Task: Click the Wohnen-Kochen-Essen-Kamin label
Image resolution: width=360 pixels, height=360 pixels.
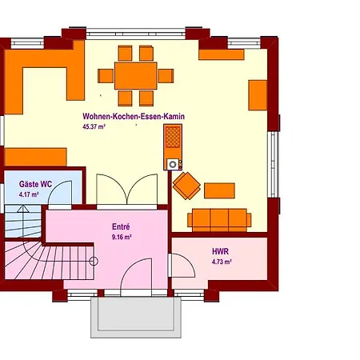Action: (x=134, y=117)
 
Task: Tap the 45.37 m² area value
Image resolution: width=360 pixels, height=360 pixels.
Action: (x=94, y=126)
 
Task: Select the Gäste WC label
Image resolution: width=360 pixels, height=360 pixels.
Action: (x=35, y=184)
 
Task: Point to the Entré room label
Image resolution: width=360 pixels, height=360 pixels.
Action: (x=121, y=226)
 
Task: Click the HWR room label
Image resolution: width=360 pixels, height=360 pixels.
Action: (x=220, y=251)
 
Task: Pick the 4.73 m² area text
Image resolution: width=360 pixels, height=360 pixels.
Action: (x=222, y=262)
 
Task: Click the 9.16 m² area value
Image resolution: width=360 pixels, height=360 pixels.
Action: (x=122, y=237)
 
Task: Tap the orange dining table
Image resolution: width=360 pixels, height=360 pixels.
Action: (x=136, y=76)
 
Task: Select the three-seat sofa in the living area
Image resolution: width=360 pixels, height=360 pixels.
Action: (x=219, y=220)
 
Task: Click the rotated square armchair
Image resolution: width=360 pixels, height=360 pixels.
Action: (x=186, y=186)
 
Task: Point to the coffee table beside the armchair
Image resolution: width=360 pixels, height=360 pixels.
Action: (x=219, y=190)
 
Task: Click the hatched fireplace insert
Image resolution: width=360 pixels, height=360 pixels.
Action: (x=173, y=137)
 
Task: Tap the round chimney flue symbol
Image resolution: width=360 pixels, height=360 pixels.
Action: (x=173, y=164)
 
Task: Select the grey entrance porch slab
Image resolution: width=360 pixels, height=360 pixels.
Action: (x=136, y=318)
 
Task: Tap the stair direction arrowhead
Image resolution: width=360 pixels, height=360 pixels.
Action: (x=23, y=209)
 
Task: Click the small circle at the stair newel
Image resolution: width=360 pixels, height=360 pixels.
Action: (x=94, y=262)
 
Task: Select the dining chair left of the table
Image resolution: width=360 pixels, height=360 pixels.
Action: (x=106, y=76)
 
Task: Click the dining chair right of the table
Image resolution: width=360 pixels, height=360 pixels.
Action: (x=166, y=76)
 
